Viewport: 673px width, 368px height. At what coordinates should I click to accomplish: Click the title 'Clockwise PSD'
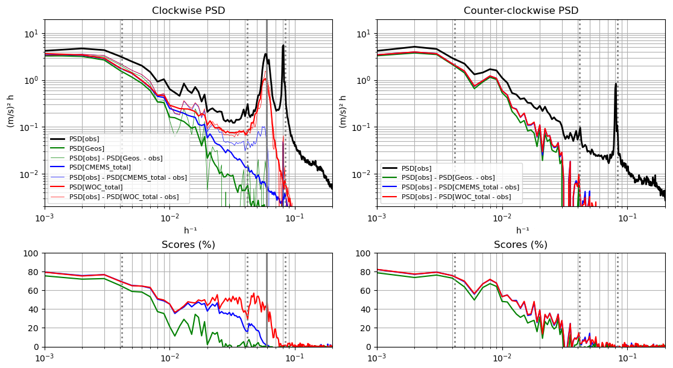pos(188,10)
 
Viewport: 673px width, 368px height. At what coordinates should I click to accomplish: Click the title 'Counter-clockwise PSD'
pos(520,10)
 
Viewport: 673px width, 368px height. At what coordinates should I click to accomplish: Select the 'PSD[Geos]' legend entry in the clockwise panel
pos(87,148)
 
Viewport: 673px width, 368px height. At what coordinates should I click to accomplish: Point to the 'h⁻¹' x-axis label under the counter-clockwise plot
pos(521,230)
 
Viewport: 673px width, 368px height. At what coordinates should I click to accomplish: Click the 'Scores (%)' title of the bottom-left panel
pos(188,244)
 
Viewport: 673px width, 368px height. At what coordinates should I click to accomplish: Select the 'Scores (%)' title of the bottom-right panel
pos(520,244)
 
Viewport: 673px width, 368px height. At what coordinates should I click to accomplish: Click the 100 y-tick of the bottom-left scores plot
pos(33,253)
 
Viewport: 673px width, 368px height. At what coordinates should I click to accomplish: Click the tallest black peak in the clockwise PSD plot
pos(283,46)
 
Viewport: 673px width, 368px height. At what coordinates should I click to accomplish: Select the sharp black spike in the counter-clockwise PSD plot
pos(616,85)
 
